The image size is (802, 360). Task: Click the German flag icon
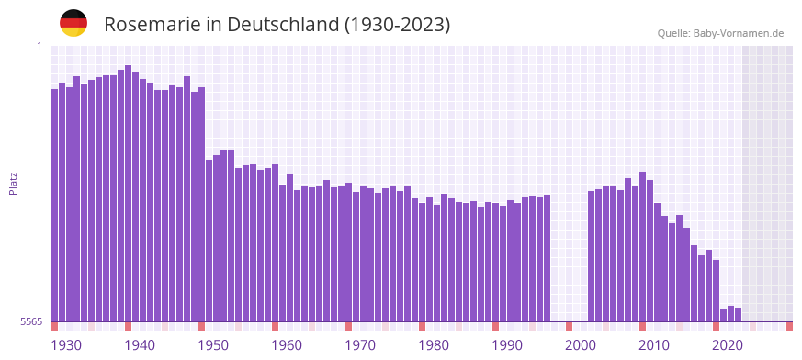73,23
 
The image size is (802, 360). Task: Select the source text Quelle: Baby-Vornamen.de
720,33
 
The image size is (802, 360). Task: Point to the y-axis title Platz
13,183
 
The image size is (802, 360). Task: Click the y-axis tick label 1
40,46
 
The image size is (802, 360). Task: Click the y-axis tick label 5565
30,321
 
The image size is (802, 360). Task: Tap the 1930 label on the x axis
66,345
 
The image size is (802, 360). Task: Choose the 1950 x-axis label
213,345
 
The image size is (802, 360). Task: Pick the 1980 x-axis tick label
434,345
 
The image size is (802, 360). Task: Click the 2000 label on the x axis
581,345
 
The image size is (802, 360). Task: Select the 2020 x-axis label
728,345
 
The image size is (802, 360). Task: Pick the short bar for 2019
724,315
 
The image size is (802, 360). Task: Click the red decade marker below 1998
570,326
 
